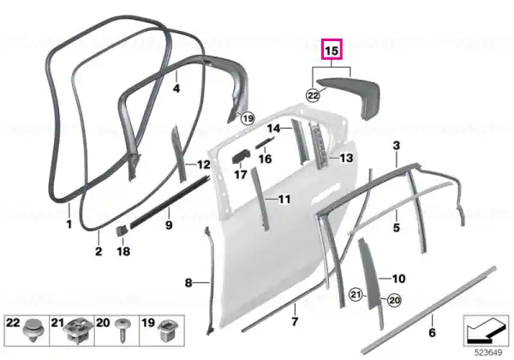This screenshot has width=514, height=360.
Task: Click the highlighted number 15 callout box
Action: pos(332,50)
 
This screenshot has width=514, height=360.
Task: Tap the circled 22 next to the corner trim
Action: pos(313,95)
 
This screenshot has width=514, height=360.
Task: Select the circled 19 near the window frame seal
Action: pos(248,118)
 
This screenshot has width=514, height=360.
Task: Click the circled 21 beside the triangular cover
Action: pos(356,295)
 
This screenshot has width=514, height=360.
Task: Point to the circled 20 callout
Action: pos(394,300)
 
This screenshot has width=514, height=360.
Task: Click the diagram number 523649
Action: pos(488,353)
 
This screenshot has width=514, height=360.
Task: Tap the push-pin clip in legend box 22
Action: pos(34,330)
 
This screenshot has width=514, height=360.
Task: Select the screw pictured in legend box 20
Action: pos(123,329)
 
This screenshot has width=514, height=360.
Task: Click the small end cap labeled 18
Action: pos(122,231)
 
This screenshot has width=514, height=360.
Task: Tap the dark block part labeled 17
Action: pos(242,155)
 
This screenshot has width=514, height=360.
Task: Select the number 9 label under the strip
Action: pos(169,225)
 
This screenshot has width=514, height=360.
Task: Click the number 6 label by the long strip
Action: pos(432,333)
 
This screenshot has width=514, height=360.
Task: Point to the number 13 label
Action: pos(346,158)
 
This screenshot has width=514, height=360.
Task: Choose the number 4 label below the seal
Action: pos(176,88)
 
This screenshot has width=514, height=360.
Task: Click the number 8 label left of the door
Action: pos(188,282)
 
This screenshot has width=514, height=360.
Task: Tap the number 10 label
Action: pos(398,279)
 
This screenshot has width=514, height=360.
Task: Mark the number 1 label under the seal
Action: pos(69,225)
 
